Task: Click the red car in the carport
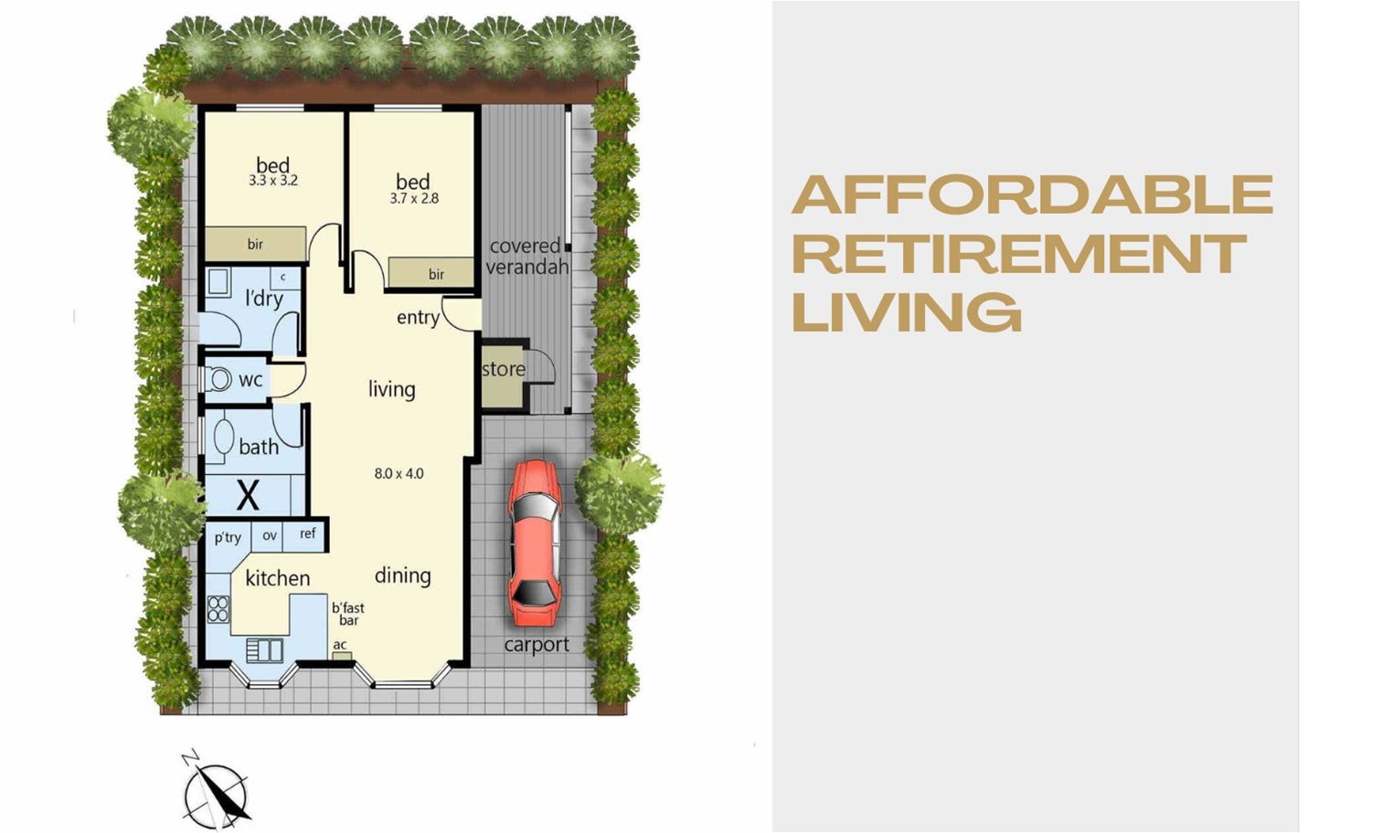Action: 535,543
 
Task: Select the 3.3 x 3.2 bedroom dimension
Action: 273,181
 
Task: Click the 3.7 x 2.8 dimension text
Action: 414,198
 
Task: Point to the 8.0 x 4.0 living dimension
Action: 399,473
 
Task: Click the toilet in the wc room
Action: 216,379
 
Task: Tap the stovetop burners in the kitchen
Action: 218,609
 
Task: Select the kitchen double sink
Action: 264,650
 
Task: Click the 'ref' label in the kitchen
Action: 307,533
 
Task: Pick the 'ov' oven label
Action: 270,535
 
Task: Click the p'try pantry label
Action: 228,538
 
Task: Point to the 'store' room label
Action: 504,369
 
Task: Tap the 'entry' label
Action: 418,318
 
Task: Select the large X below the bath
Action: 248,494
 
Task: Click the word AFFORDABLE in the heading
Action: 1032,195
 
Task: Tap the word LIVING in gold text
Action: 907,312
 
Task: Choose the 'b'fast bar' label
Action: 348,614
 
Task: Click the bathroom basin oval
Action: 223,438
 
